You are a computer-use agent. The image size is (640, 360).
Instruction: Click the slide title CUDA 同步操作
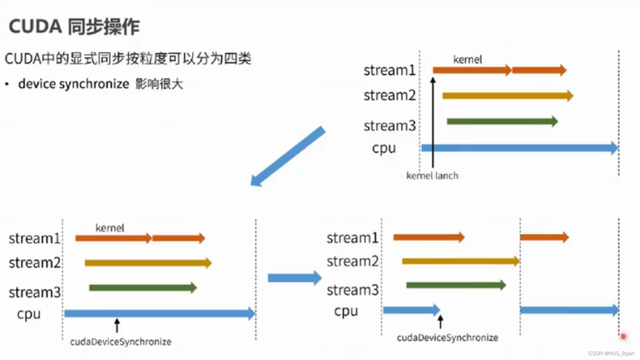(74, 27)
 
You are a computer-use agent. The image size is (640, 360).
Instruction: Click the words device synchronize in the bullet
(74, 84)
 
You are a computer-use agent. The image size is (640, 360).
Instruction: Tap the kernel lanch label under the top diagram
(432, 176)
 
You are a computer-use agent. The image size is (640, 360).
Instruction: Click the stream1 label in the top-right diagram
(389, 70)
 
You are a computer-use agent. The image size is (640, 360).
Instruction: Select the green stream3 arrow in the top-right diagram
(502, 121)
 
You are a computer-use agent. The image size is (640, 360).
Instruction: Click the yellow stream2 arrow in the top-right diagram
(507, 95)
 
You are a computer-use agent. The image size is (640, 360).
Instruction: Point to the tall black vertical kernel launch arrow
(433, 123)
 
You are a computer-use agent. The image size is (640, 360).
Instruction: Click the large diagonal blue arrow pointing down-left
(288, 157)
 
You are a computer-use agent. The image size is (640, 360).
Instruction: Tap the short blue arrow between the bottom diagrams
(294, 278)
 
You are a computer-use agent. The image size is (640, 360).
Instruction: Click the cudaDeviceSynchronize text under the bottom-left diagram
(121, 342)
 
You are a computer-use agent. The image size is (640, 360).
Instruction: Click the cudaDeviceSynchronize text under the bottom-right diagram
(447, 337)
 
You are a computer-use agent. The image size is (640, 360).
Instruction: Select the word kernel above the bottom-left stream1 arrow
(110, 228)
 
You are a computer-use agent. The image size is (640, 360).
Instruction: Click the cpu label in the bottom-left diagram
(28, 315)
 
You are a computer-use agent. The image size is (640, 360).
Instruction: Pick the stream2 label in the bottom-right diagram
(352, 261)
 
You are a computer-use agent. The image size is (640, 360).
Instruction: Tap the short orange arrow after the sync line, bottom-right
(544, 237)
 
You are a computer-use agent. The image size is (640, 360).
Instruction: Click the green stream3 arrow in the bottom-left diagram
(142, 288)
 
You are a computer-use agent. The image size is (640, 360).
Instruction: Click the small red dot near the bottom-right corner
(623, 336)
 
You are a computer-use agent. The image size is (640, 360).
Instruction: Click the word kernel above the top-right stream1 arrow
(468, 60)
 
